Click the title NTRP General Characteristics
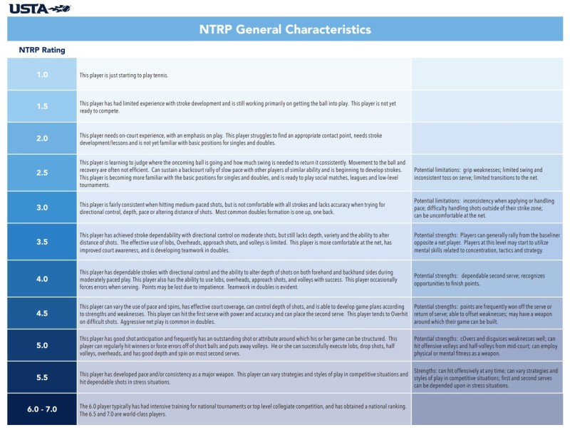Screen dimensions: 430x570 click(x=285, y=29)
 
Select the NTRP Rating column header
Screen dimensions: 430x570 click(x=42, y=51)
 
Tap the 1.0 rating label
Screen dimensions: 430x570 click(x=42, y=75)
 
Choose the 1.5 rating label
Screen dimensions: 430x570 click(x=42, y=107)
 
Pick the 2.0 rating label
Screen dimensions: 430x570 click(x=42, y=138)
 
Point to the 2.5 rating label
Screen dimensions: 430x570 click(x=42, y=173)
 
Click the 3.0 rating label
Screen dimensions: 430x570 click(x=42, y=208)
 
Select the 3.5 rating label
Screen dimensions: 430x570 click(x=42, y=242)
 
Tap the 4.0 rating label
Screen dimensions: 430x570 click(x=42, y=278)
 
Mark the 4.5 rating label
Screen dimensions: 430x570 click(x=42, y=312)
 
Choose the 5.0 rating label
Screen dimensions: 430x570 click(x=42, y=345)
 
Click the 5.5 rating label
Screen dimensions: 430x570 click(x=42, y=377)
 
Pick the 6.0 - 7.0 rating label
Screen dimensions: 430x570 click(x=42, y=409)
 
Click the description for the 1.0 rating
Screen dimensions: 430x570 click(x=124, y=75)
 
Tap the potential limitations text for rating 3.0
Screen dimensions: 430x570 click(x=487, y=208)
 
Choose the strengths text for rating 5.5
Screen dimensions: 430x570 click(x=486, y=378)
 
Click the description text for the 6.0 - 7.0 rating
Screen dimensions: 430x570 click(x=242, y=409)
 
